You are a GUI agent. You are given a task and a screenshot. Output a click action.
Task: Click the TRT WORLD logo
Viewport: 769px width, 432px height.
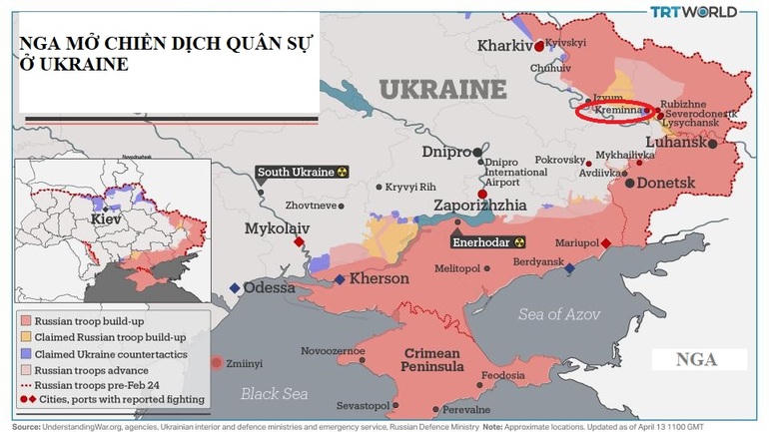[693, 12]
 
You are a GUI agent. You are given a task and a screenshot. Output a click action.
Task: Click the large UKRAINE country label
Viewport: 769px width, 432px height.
[441, 89]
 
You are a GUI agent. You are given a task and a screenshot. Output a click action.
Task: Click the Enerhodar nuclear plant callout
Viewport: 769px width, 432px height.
[488, 242]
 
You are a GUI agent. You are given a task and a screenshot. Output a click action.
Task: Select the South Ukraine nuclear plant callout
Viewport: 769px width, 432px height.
[303, 172]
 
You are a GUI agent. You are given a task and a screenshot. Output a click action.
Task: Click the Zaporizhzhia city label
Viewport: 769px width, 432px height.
[478, 206]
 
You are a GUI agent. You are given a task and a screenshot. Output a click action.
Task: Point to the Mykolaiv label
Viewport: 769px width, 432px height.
[278, 228]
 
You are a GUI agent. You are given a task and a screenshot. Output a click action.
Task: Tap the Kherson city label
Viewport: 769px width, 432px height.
[378, 279]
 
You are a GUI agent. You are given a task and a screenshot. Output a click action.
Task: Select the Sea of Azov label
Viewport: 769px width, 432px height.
[559, 314]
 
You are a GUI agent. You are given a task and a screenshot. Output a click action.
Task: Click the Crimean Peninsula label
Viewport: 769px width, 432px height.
[431, 361]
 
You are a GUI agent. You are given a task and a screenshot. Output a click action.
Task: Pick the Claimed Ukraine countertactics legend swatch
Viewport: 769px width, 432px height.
[26, 353]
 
